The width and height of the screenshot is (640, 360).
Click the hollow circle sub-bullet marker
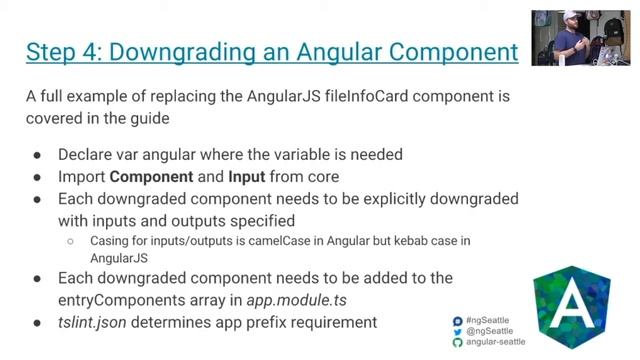[71, 241]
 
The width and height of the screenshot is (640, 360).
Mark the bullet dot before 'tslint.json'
[37, 322]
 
